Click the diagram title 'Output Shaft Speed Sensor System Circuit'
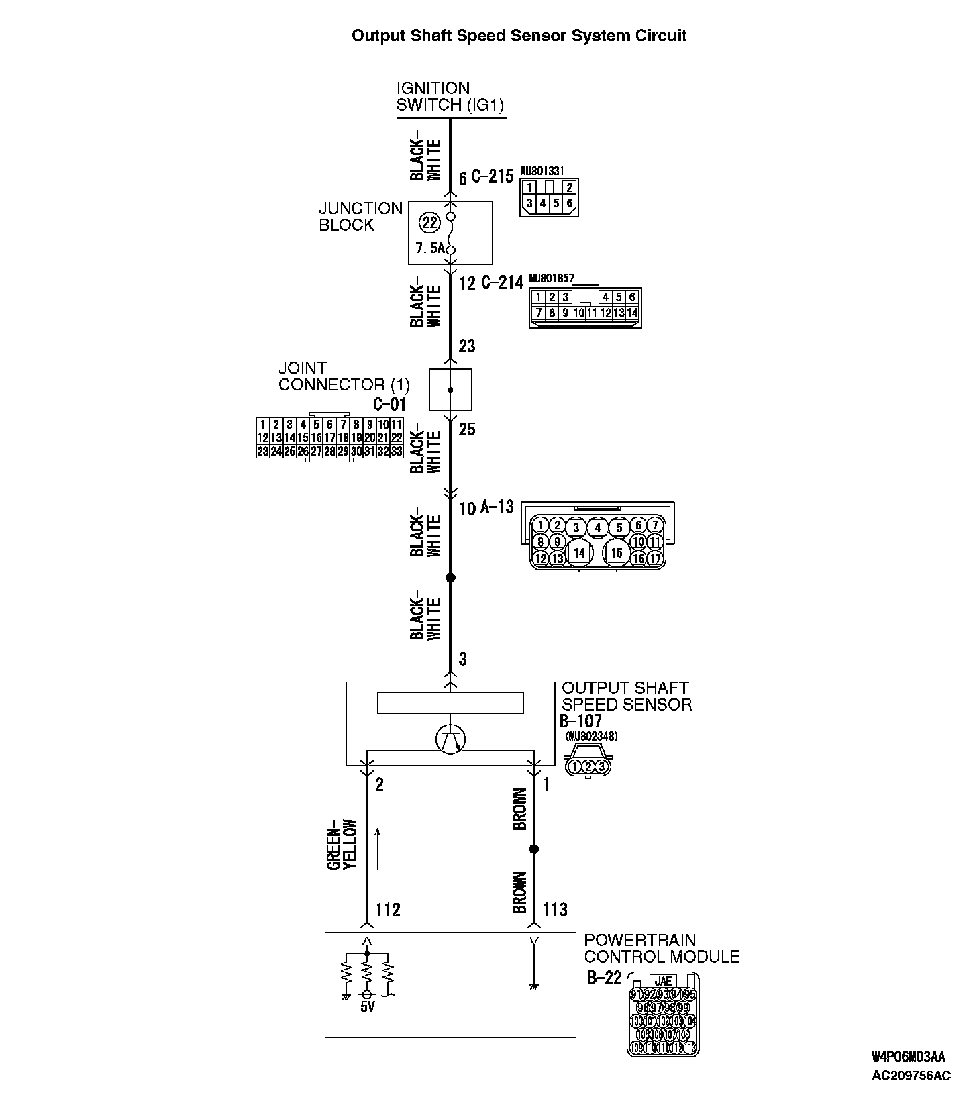click(x=519, y=36)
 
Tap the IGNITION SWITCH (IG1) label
click(x=450, y=97)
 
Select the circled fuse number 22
click(x=429, y=221)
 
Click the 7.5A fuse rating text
click(x=429, y=248)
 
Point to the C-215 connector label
click(x=492, y=177)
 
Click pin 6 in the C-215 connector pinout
click(x=570, y=203)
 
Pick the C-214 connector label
click(x=501, y=282)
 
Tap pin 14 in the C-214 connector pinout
click(x=631, y=313)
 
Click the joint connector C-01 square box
click(x=450, y=389)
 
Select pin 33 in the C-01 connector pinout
click(x=397, y=452)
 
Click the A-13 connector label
click(x=497, y=508)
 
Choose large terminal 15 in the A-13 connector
click(x=617, y=553)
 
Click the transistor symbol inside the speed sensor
click(x=450, y=739)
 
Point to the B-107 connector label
click(x=580, y=721)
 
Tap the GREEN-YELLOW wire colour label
click(x=342, y=845)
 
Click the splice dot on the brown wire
click(x=534, y=849)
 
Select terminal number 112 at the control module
click(x=388, y=910)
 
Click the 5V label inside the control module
click(x=367, y=1007)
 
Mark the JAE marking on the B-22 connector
click(x=662, y=981)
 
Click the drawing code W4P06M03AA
click(x=909, y=1057)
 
